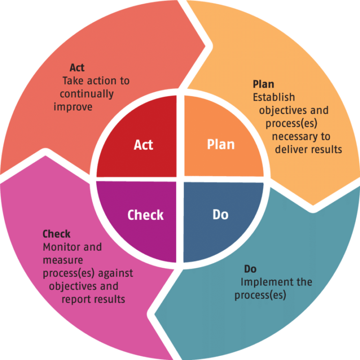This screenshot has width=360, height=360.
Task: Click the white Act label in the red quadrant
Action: tap(143, 145)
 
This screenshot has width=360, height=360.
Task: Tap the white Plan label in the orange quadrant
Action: tap(221, 144)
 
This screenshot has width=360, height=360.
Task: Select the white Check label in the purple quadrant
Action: tap(146, 215)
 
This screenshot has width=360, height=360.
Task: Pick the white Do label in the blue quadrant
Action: tap(220, 215)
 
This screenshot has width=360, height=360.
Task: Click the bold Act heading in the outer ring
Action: tap(77, 67)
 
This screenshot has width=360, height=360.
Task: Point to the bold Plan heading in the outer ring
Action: tap(263, 84)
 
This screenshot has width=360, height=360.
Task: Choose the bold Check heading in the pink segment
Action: tap(57, 233)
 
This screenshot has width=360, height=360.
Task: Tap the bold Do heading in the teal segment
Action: tap(250, 269)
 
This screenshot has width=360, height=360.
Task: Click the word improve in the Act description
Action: tap(73, 107)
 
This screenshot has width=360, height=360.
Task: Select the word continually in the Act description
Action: tap(87, 94)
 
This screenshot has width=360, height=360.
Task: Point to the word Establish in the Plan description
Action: tap(274, 97)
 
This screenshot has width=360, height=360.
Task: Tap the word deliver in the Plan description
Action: tap(291, 150)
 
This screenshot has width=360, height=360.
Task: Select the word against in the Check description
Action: tap(116, 272)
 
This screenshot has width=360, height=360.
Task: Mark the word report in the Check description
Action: tap(76, 299)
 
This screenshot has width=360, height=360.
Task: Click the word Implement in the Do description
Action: tap(262, 282)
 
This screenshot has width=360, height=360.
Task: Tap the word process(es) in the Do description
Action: tap(261, 295)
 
